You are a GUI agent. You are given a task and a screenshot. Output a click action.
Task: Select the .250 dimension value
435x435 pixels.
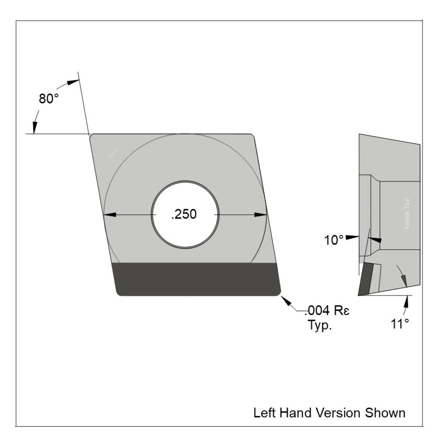point(184,214)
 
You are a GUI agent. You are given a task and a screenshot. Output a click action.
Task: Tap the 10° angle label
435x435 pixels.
point(334,240)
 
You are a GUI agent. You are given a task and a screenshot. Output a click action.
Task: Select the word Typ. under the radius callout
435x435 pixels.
point(320,325)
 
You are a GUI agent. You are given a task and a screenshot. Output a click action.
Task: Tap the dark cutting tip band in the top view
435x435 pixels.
point(197,279)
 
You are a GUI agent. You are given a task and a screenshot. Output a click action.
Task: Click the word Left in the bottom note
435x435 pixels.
point(263,413)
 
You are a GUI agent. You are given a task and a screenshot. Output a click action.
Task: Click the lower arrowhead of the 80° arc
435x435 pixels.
point(34,126)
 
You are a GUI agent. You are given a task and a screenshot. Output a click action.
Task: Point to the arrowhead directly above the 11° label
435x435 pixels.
point(407,301)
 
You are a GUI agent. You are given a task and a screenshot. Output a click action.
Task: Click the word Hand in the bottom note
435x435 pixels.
point(295,413)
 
